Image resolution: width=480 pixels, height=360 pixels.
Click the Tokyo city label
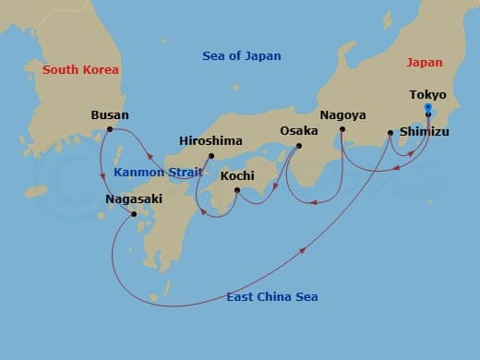[427, 94]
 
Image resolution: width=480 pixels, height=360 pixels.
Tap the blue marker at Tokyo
[427, 109]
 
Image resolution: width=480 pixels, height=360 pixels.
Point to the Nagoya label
[343, 115]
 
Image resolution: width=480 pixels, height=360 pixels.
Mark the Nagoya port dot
[342, 129]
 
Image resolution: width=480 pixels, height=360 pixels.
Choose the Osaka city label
[299, 131]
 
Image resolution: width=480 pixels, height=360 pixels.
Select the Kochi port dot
[237, 190]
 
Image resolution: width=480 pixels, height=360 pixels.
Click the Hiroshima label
[210, 140]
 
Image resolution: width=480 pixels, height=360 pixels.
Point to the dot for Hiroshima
[211, 155]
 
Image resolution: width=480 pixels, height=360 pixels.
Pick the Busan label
[110, 115]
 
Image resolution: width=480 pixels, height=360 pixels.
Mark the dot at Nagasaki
[135, 214]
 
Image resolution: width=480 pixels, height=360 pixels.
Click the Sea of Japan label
[242, 56]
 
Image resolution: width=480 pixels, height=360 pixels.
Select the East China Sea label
[272, 296]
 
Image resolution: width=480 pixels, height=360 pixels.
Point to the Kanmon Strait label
[151, 173]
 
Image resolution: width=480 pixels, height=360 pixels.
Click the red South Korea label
[81, 69]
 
